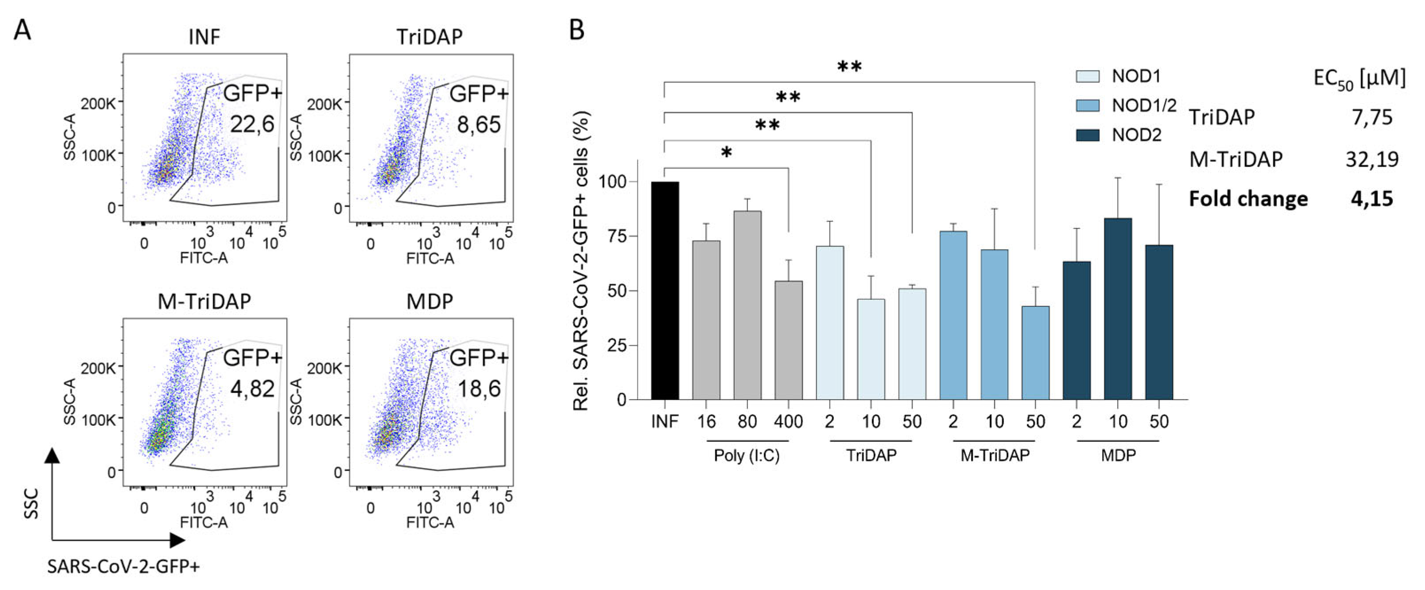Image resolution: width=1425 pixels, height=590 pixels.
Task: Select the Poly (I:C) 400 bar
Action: point(788,340)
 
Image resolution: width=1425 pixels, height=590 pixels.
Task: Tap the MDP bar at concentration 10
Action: point(1117,309)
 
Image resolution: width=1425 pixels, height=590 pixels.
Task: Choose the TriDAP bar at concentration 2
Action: point(830,322)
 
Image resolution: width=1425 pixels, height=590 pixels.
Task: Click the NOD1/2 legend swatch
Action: point(1088,105)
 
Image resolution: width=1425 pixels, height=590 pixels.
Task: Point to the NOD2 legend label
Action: point(1137,135)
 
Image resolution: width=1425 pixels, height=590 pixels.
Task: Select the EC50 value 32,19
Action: point(1372,159)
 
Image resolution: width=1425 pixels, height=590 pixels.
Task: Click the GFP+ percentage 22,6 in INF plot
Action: point(252,124)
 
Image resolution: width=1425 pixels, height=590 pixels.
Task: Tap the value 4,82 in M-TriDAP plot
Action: point(252,388)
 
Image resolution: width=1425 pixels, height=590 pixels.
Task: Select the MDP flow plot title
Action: point(430,302)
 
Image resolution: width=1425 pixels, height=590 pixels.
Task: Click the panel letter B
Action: point(577,30)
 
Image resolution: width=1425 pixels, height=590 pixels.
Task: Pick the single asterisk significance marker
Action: point(726,153)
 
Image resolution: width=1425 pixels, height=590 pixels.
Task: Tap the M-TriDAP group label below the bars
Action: point(995,455)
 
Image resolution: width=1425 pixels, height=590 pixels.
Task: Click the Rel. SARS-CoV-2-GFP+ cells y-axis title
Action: point(581,260)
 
